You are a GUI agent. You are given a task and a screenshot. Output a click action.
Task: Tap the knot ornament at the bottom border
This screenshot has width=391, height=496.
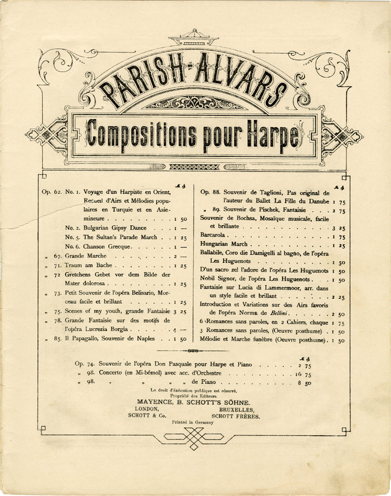(x=195, y=442)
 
